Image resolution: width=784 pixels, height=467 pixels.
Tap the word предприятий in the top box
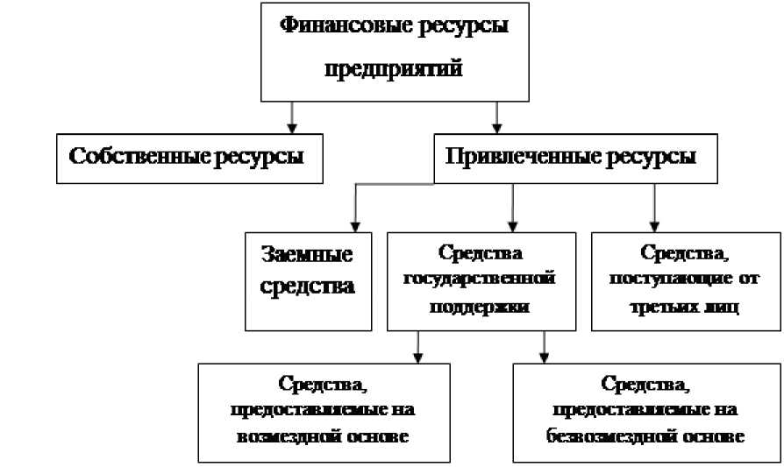pos(393,69)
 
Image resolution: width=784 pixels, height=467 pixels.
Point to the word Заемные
pos(308,255)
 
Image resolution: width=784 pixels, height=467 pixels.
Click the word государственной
pos(480,280)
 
